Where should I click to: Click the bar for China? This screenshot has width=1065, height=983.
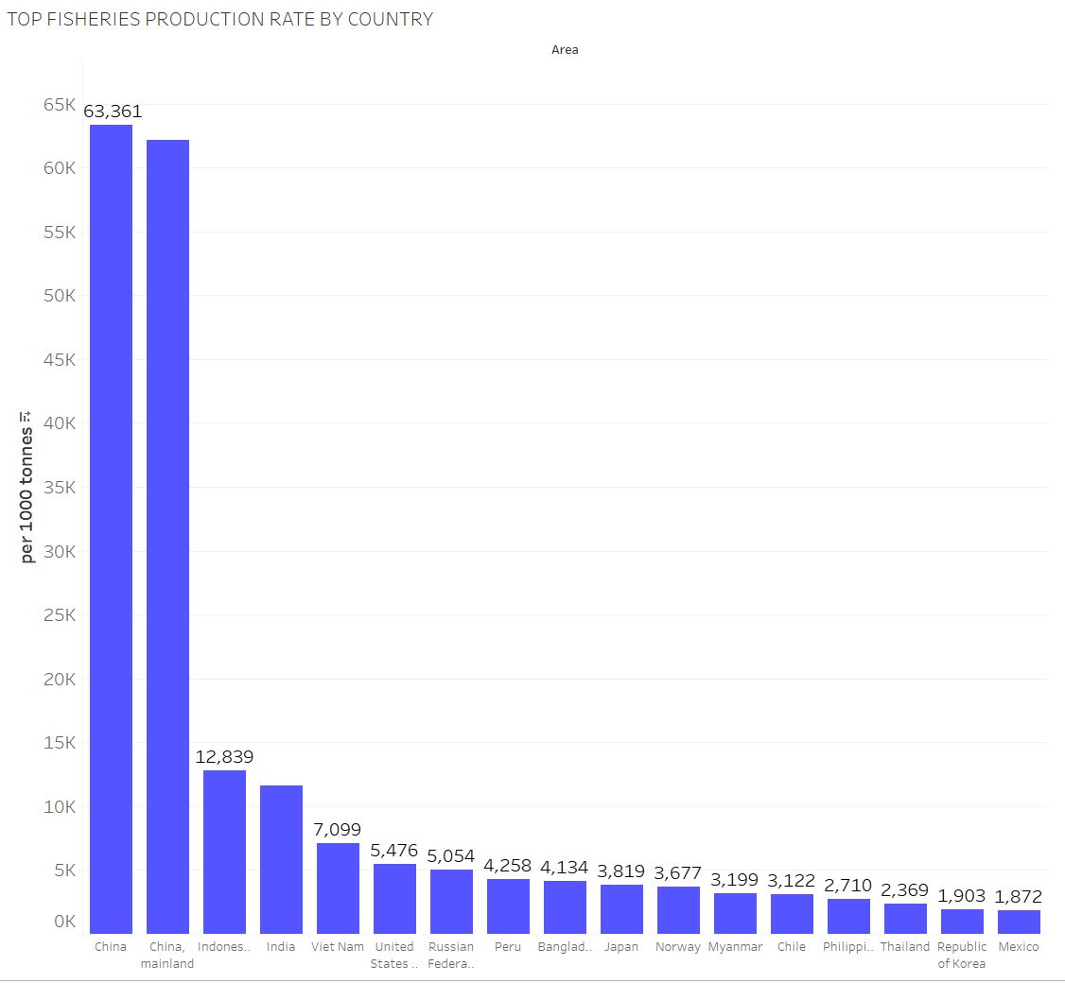(111, 529)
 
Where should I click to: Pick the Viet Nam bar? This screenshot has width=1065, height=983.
(338, 888)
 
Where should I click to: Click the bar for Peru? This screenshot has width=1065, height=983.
(508, 906)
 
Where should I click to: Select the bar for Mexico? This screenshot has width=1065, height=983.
(1019, 922)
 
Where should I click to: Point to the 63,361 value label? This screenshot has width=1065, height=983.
(113, 112)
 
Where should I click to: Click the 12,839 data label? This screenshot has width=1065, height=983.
(224, 757)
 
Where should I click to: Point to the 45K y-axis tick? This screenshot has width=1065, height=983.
(59, 360)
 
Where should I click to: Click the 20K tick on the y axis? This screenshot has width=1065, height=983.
(59, 680)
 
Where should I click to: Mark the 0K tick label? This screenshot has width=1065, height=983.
(63, 922)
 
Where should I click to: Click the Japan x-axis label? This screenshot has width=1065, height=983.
(621, 947)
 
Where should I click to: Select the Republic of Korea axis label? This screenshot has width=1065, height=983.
(962, 955)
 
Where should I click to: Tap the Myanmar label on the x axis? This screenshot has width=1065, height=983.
(735, 947)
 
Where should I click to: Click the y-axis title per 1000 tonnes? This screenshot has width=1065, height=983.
(27, 487)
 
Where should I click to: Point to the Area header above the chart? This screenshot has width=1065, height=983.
(565, 50)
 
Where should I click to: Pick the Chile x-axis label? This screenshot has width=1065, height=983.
(792, 947)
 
